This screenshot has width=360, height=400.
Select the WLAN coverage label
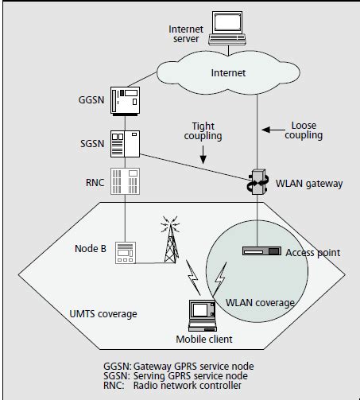(x=259, y=303)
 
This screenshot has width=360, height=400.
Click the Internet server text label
(x=188, y=34)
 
